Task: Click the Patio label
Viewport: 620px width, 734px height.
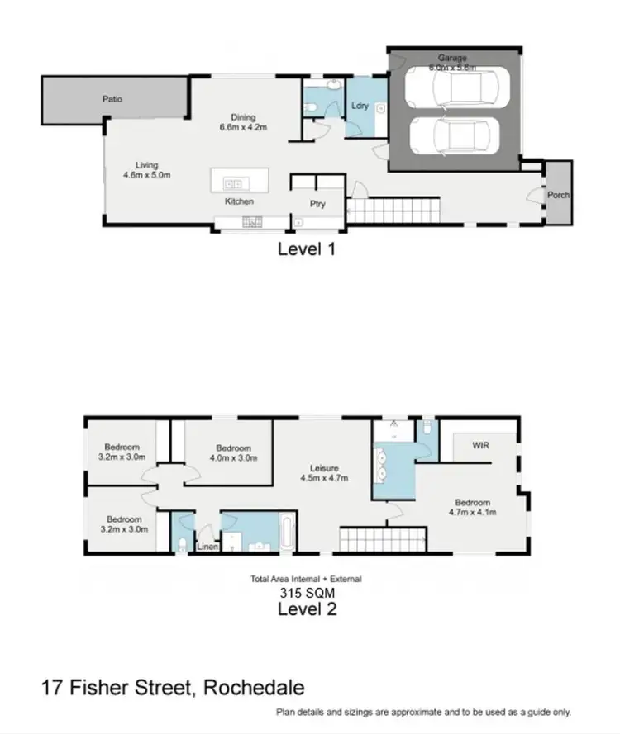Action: [x=112, y=99]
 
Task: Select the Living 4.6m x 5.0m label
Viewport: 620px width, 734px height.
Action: [x=141, y=170]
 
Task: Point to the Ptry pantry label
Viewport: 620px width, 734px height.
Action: [x=317, y=204]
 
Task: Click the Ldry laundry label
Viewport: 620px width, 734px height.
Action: [x=360, y=106]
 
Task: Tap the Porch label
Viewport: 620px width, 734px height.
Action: [x=558, y=196]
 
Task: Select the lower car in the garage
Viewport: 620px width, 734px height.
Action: [x=455, y=134]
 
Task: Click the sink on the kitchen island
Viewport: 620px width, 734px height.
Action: [x=234, y=183]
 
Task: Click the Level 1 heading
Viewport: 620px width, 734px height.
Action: [x=306, y=248]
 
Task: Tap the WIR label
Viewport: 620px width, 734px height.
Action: [x=482, y=445]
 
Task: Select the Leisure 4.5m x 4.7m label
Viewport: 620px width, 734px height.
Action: [x=324, y=472]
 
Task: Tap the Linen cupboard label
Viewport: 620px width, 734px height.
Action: [x=206, y=547]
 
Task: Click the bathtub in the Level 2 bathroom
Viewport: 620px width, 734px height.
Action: [x=285, y=533]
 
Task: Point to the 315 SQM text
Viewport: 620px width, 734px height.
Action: [x=306, y=592]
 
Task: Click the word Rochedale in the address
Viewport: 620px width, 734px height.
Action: [x=255, y=688]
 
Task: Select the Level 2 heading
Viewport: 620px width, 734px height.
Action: [x=306, y=610]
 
